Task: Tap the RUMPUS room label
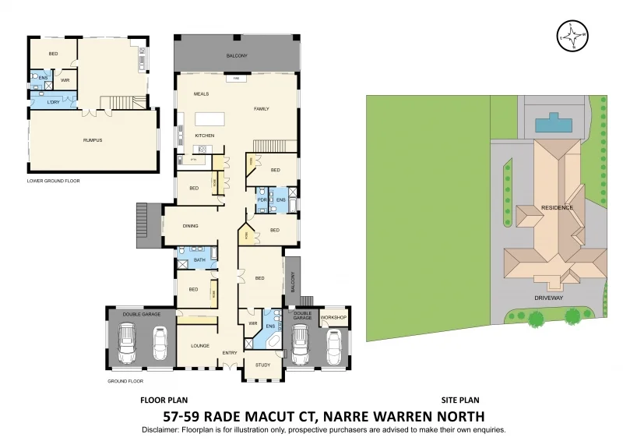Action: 93,140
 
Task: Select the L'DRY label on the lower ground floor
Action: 53,103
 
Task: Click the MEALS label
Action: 202,94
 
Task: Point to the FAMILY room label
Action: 261,109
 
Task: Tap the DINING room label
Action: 190,226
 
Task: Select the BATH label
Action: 199,260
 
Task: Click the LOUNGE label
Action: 200,346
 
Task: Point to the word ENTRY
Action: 230,353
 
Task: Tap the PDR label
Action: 262,200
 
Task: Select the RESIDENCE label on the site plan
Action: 558,208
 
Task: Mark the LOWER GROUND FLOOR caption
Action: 54,181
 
